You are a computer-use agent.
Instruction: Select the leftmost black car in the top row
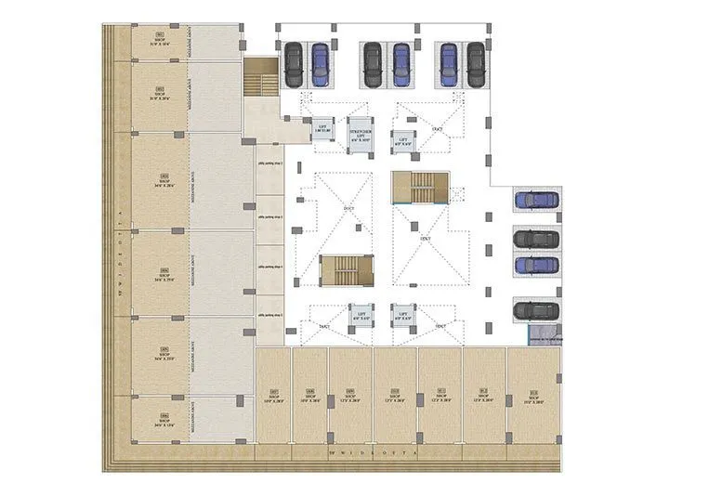pyautogui.click(x=294, y=63)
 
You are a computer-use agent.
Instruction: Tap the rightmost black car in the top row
pyautogui.click(x=476, y=63)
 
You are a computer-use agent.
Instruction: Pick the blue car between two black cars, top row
pyautogui.click(x=401, y=63)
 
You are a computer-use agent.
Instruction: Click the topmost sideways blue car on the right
pyautogui.click(x=536, y=200)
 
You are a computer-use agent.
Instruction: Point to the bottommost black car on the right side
pyautogui.click(x=536, y=310)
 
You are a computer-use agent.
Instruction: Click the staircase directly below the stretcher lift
pyautogui.click(x=419, y=188)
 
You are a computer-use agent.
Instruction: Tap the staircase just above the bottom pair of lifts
pyautogui.click(x=347, y=271)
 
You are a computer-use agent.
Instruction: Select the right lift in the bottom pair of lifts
pyautogui.click(x=402, y=316)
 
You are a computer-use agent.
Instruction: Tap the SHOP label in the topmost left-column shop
pyautogui.click(x=159, y=43)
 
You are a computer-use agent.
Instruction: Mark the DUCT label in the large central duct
pyautogui.click(x=426, y=239)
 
